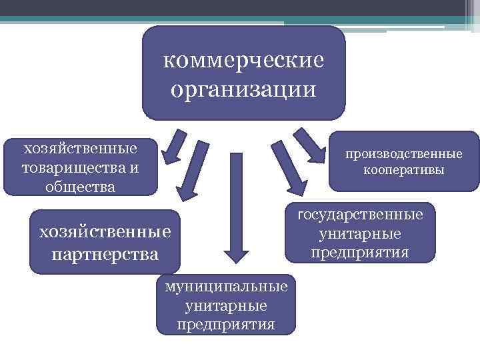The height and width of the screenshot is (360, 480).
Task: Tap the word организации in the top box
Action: (x=244, y=88)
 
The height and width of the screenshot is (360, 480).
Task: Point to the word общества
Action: (x=80, y=187)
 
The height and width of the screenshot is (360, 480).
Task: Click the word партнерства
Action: (x=105, y=254)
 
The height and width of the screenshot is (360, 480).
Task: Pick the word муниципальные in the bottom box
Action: (x=227, y=286)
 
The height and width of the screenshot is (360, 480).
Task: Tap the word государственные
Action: (x=360, y=215)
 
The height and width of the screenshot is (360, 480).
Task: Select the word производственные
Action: (x=404, y=154)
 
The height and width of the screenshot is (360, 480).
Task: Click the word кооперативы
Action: (x=404, y=170)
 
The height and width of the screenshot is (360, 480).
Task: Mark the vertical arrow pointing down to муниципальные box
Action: (x=235, y=207)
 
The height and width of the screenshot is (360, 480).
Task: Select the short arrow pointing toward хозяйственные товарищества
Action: (x=175, y=147)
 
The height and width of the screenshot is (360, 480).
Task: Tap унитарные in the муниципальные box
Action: (x=227, y=305)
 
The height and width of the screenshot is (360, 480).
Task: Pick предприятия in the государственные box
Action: (x=360, y=253)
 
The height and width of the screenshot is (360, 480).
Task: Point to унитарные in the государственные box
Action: (x=360, y=234)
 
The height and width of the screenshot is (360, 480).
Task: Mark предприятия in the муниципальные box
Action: (x=227, y=325)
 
